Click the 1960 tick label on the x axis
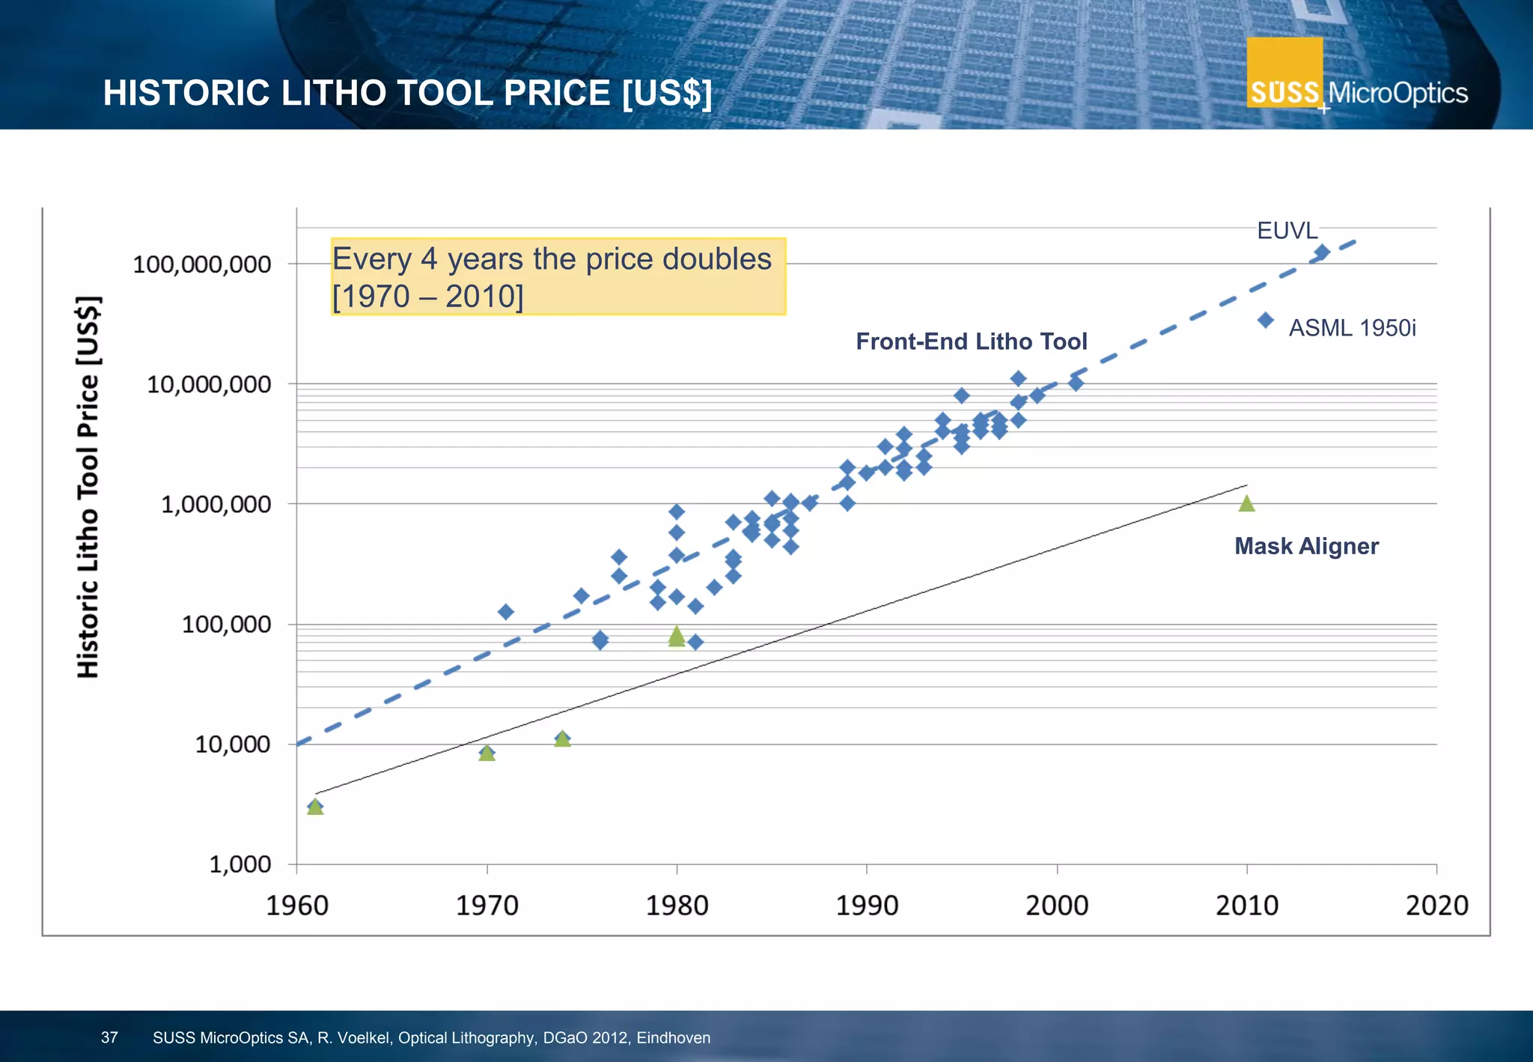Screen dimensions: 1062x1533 [297, 905]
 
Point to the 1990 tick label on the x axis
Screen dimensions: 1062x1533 [867, 905]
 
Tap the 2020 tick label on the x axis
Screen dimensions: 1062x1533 [1436, 905]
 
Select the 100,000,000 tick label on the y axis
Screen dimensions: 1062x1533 [202, 264]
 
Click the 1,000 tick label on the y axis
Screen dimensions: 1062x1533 [240, 864]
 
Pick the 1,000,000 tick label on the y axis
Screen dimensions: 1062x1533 [216, 504]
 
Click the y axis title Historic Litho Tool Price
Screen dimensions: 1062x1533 [88, 487]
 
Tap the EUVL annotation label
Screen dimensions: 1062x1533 [1287, 231]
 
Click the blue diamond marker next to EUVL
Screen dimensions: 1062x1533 [1322, 252]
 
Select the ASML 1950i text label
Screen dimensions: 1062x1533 [1352, 328]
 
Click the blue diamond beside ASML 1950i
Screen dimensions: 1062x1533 [1266, 321]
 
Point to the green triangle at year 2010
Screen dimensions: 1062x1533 [1246, 504]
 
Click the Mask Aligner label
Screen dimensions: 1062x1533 [1306, 546]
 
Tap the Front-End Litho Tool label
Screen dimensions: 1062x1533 [971, 342]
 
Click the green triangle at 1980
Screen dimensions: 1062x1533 [677, 637]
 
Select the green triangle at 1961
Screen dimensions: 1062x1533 [315, 807]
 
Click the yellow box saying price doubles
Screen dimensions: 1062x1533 [558, 276]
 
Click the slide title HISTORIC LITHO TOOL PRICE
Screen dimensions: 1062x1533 [407, 93]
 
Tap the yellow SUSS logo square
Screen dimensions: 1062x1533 [1284, 73]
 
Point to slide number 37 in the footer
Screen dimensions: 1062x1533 [109, 1037]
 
